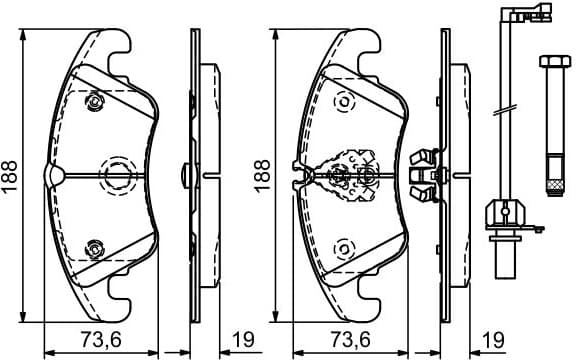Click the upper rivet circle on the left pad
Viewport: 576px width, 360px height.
(96, 102)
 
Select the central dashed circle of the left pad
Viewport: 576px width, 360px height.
(116, 172)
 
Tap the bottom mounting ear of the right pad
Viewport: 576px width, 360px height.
(365, 302)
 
